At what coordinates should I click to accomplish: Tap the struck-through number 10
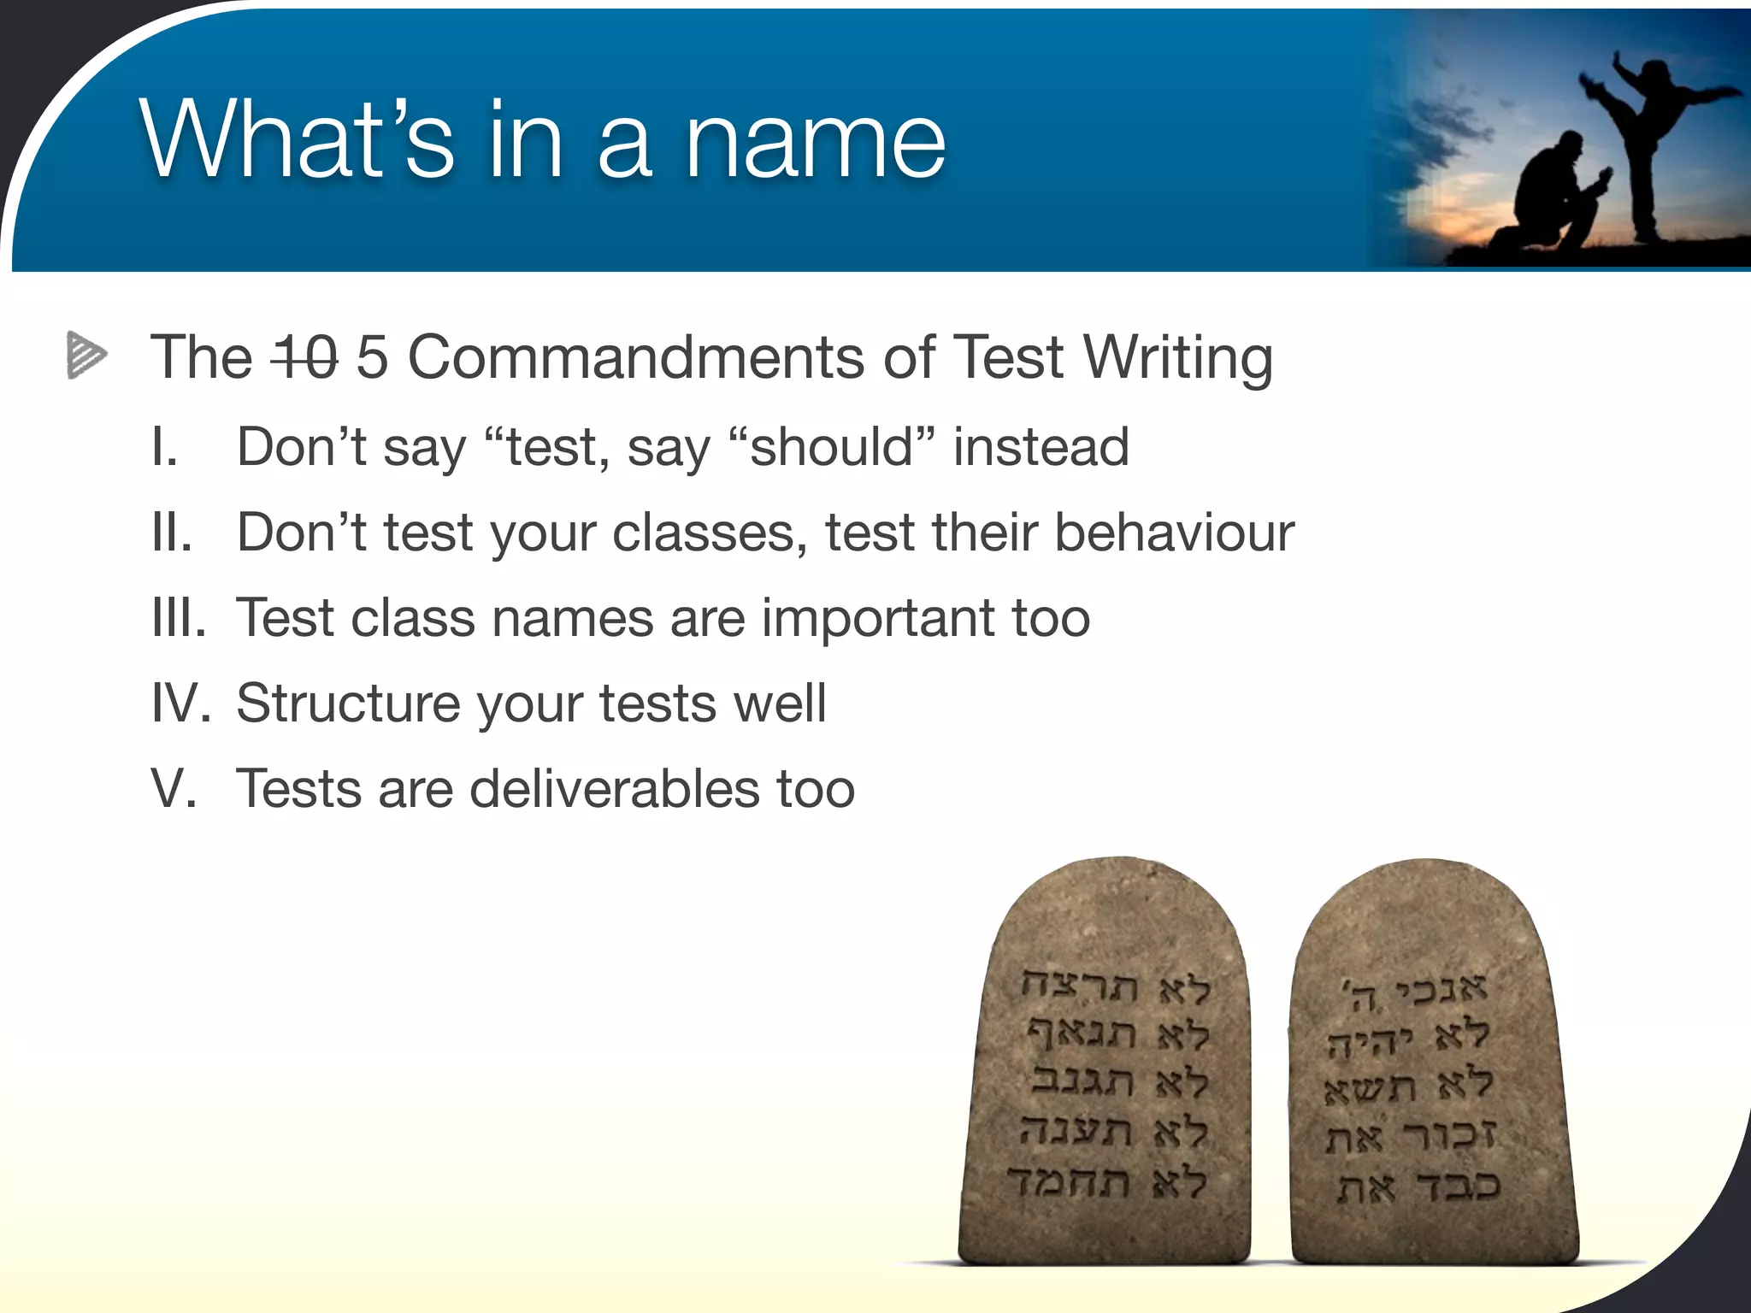(x=304, y=357)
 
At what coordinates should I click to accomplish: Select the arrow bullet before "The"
(x=87, y=354)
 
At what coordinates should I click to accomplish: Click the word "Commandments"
(x=636, y=357)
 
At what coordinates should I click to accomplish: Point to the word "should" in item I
(x=831, y=447)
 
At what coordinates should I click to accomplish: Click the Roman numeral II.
(x=172, y=533)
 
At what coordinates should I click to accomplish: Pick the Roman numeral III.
(x=179, y=618)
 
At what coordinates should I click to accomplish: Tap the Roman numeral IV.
(x=180, y=704)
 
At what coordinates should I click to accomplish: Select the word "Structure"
(x=349, y=704)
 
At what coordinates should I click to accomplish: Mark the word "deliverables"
(x=614, y=788)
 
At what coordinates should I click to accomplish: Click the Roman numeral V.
(x=174, y=788)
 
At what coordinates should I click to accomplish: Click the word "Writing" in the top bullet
(x=1177, y=357)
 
